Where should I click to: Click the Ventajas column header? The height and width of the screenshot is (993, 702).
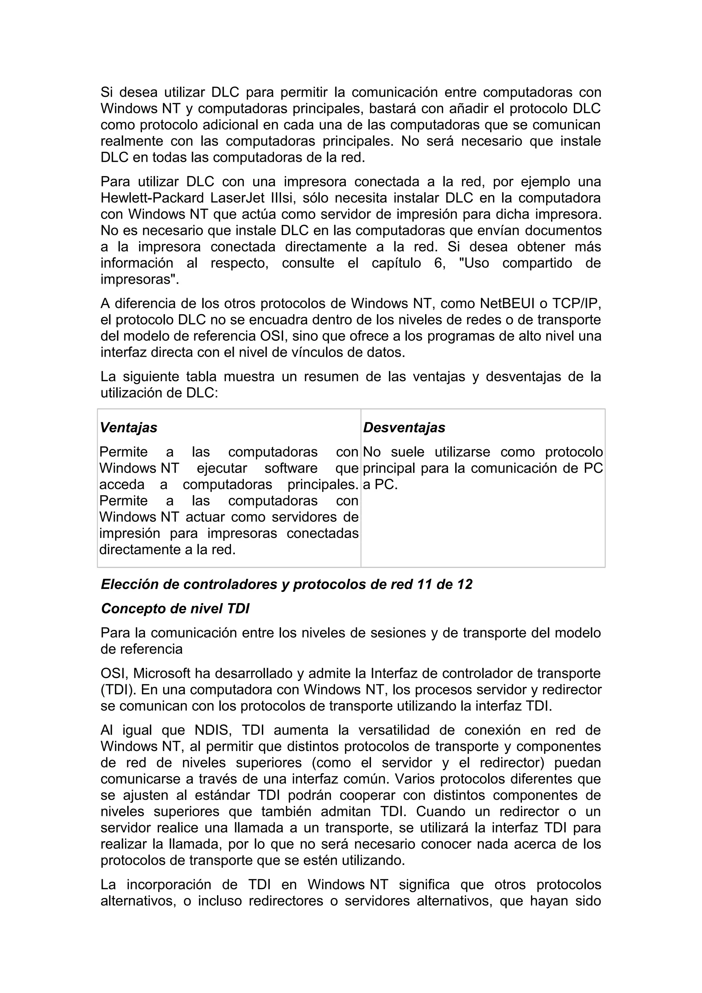129,428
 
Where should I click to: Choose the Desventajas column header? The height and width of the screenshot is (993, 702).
404,428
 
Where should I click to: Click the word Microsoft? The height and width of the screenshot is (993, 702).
162,673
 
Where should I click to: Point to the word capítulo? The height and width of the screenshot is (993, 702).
396,263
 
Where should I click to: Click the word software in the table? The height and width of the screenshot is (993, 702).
291,468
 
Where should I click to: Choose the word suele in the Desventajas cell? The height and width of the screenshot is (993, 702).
408,452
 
